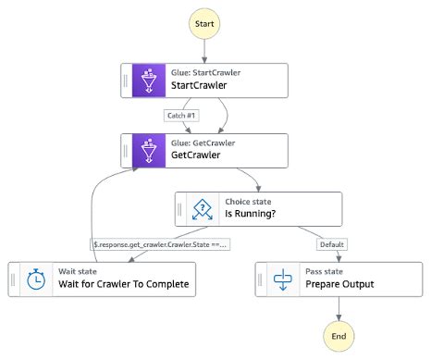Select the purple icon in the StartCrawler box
click(149, 81)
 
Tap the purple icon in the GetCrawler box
click(149, 151)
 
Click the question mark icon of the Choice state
click(202, 209)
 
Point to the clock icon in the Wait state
click(36, 279)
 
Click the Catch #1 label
click(182, 116)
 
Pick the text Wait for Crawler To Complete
click(127, 285)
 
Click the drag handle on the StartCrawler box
click(127, 81)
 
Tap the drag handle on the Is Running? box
click(179, 209)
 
